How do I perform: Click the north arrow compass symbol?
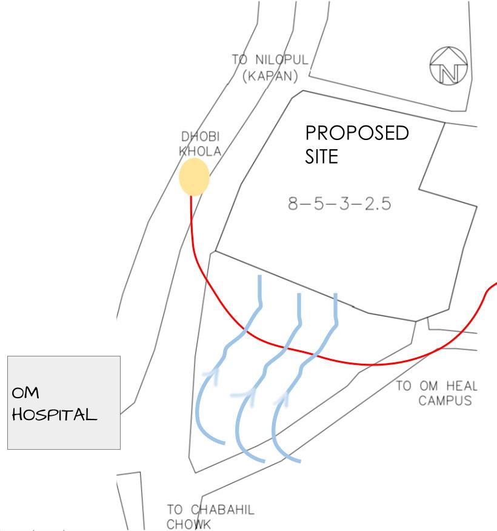coord(448,66)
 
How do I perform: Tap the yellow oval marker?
coord(194,176)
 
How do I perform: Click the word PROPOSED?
coord(356,133)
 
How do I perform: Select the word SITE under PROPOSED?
coord(321,157)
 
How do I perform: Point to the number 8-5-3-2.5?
coord(339,204)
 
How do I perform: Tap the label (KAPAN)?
coord(270,77)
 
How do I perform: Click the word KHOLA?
coord(200,152)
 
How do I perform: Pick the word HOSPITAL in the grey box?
coord(55,415)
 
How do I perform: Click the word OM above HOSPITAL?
coord(25,393)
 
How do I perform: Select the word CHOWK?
coord(188,524)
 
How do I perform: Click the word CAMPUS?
coord(444,401)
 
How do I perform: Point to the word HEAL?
coord(462,386)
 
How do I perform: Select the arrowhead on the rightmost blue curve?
coord(282,398)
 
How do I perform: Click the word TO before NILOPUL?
coord(241,61)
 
